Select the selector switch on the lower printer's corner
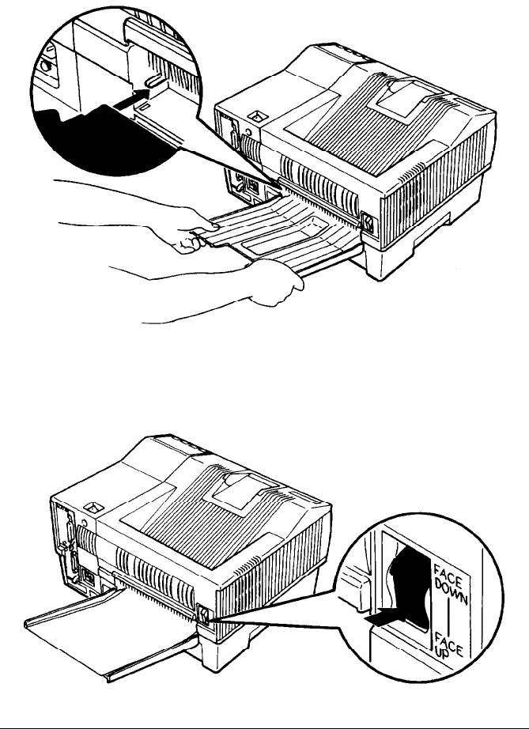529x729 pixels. click(204, 614)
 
